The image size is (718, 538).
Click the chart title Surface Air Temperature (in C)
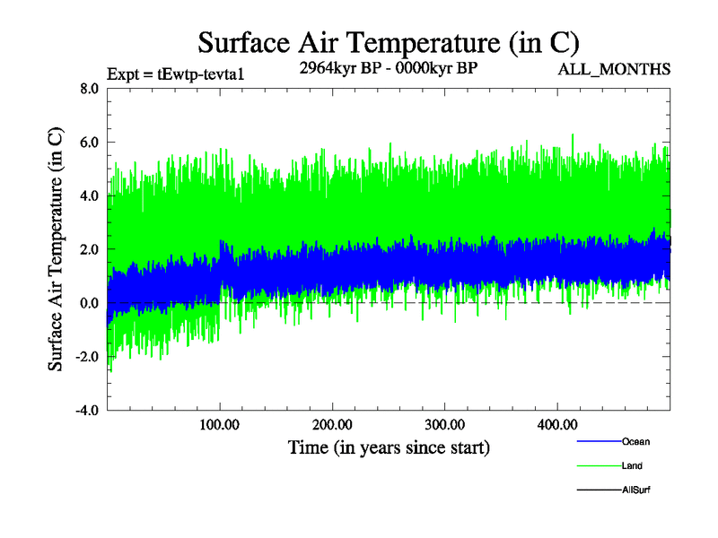click(389, 42)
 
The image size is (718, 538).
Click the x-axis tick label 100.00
click(219, 423)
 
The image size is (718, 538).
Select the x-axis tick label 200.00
click(331, 423)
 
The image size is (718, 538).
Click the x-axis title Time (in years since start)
click(389, 447)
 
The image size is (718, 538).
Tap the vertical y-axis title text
click(56, 249)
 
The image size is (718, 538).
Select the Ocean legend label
click(635, 441)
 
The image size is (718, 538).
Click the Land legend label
click(632, 465)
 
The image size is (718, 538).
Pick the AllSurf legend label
click(635, 490)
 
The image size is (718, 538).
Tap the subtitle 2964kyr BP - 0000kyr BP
click(388, 67)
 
